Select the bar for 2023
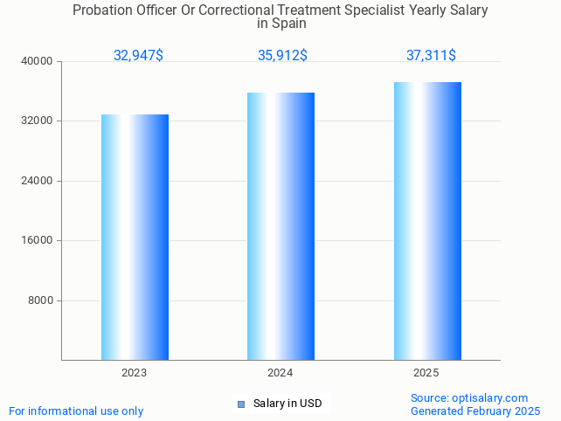click(x=135, y=237)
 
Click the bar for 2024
click(x=280, y=226)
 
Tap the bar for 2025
click(x=427, y=221)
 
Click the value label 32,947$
click(x=138, y=55)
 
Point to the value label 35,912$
click(x=282, y=55)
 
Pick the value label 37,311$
click(x=431, y=55)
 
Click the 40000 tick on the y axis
click(x=38, y=61)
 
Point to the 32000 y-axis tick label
click(x=38, y=121)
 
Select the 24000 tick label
click(x=38, y=181)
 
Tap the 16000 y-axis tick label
click(x=38, y=240)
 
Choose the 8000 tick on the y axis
click(x=40, y=300)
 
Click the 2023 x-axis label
click(x=135, y=373)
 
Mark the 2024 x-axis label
click(x=280, y=373)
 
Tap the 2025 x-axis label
click(x=426, y=373)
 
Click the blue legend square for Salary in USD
click(x=241, y=404)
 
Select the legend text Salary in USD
click(x=287, y=404)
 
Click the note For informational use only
click(x=76, y=411)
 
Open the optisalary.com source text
click(x=469, y=397)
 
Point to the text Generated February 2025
click(x=474, y=411)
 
